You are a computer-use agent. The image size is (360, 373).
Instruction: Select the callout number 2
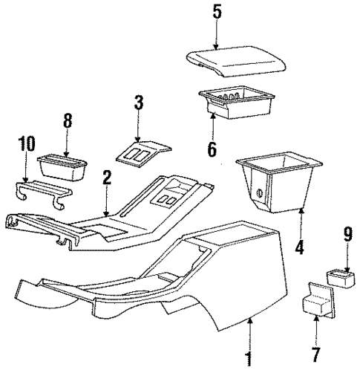point(107,178)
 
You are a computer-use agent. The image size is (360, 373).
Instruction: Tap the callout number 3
point(137,103)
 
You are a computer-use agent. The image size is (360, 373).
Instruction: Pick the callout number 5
point(217,12)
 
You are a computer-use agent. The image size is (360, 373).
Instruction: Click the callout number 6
point(212,149)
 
